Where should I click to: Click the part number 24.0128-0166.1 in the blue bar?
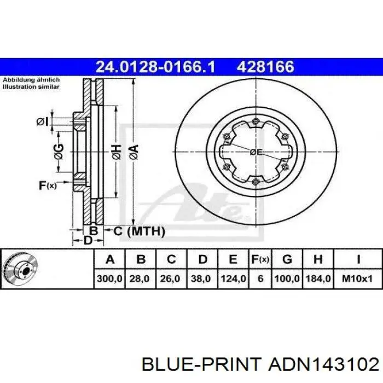click(x=155, y=67)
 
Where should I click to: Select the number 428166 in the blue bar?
click(x=265, y=67)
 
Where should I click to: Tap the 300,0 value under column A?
click(x=109, y=278)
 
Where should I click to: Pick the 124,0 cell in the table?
click(x=233, y=278)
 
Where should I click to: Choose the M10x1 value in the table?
click(x=357, y=278)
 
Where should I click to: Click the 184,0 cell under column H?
click(x=318, y=278)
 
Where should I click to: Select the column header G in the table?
click(x=287, y=259)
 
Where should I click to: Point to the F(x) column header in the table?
click(x=260, y=259)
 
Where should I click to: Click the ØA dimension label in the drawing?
click(x=134, y=152)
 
